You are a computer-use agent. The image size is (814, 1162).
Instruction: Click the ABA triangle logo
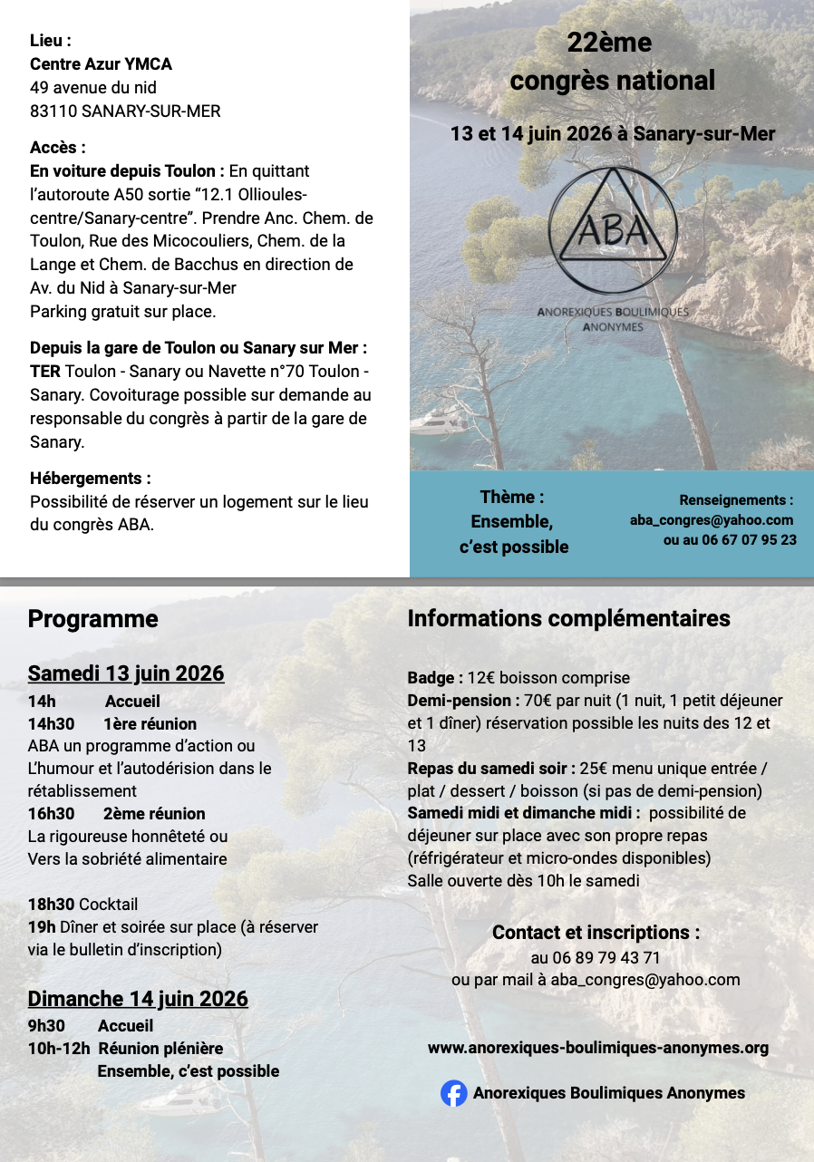612,228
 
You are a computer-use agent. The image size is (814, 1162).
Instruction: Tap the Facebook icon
453,1093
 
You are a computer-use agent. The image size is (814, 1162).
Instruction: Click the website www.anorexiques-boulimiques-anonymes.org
597,1048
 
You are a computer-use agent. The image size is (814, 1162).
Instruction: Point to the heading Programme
92,619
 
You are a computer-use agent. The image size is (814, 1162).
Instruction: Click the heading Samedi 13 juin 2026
126,673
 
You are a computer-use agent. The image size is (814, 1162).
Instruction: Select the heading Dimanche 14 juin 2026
138,999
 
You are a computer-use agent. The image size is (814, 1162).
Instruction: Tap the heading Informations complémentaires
568,618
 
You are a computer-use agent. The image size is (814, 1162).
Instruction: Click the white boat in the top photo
439,421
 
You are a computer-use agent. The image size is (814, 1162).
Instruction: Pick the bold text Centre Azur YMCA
101,64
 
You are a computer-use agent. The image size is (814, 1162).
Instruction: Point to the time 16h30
51,814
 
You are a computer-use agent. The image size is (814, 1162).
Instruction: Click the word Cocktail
108,905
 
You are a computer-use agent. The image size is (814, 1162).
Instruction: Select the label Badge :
435,678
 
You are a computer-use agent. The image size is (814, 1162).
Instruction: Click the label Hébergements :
90,478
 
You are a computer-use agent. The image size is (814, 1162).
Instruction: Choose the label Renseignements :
736,499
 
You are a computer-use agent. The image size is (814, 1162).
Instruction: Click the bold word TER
45,372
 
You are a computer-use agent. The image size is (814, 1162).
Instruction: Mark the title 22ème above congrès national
609,43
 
